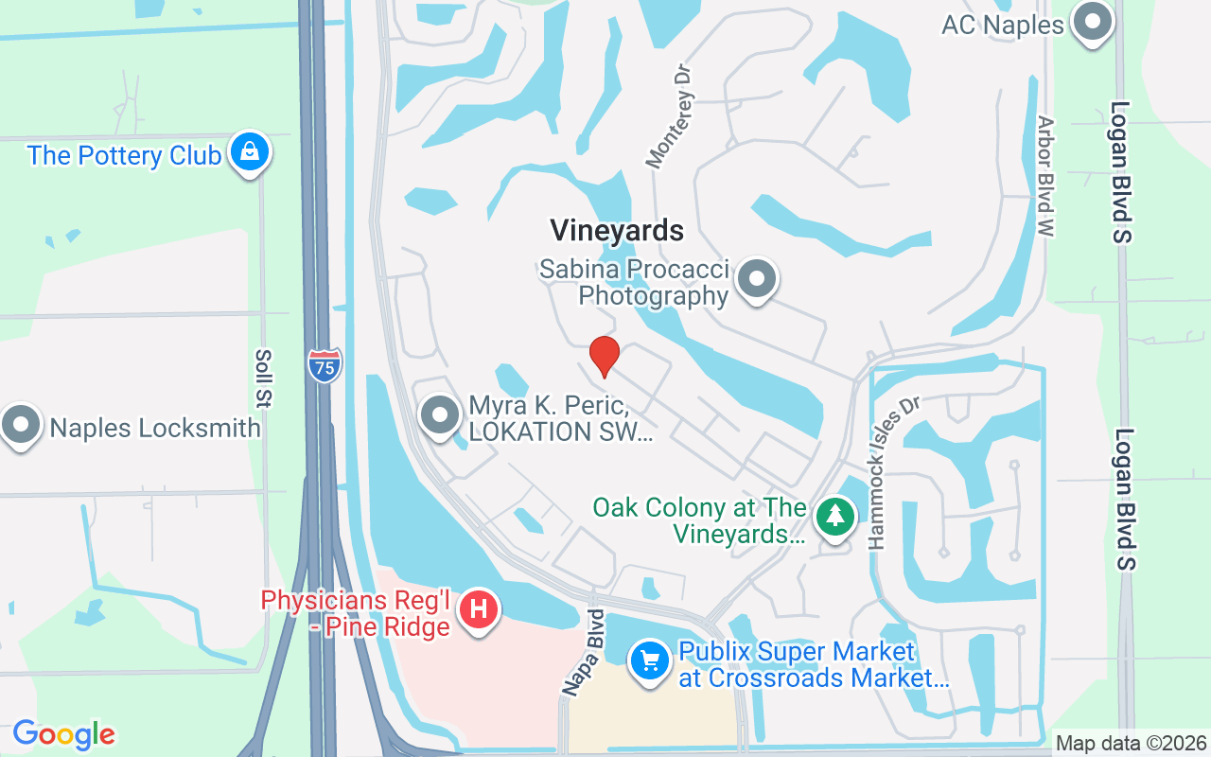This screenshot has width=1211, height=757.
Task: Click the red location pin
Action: [604, 356]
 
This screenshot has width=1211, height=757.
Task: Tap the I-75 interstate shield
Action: [325, 365]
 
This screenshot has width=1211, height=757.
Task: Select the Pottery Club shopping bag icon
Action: [250, 151]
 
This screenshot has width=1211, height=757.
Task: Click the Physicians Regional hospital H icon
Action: [479, 607]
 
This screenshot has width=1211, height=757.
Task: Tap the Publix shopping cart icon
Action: [649, 660]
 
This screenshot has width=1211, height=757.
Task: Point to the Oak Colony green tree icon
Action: [834, 517]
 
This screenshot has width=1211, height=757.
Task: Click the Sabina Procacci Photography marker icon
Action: [757, 280]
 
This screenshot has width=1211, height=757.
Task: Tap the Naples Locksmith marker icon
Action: [21, 426]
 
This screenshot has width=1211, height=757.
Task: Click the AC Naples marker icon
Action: [1093, 23]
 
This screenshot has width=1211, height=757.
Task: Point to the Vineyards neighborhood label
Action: [617, 230]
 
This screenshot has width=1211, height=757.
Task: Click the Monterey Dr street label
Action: [671, 116]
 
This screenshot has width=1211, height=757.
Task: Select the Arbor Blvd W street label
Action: [1046, 177]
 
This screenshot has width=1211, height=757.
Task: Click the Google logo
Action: [63, 734]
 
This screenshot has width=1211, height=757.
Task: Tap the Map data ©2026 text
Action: [1131, 743]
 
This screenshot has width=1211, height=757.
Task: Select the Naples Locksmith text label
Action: [155, 428]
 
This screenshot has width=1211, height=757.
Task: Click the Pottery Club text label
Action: [125, 155]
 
